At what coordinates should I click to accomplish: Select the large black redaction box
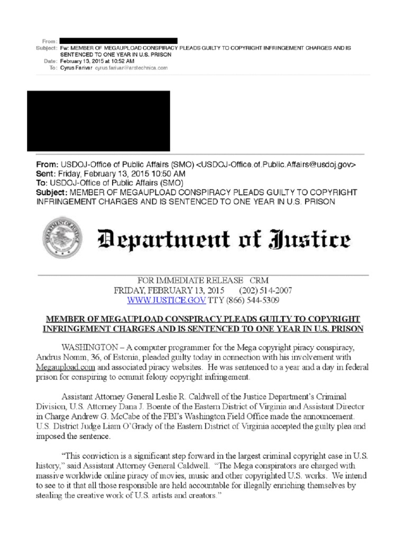[98, 121]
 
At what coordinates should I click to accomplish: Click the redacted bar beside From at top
[118, 41]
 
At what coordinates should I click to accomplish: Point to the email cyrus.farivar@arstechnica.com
[131, 68]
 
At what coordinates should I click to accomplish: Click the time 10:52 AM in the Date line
[114, 61]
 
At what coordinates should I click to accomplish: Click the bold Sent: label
[46, 173]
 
